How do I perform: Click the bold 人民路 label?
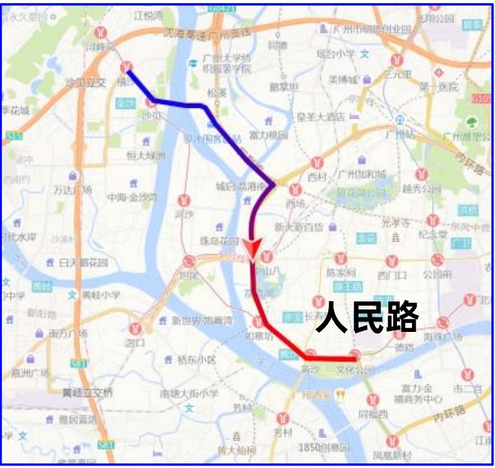click(367, 317)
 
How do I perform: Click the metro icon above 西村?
click(319, 162)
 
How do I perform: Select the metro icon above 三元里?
click(394, 58)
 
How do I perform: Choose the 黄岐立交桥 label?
click(87, 392)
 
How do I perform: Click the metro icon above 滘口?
click(135, 328)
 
